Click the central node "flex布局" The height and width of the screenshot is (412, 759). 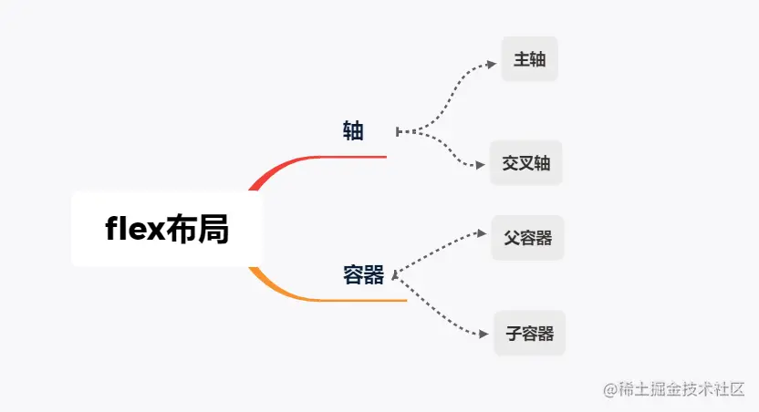coord(167,229)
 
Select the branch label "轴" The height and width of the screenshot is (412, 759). coord(353,131)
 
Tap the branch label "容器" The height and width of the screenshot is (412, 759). coord(363,274)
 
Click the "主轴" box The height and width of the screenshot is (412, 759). coord(529,60)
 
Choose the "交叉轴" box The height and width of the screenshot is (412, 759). coord(526,163)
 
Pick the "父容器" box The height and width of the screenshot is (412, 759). coord(528,238)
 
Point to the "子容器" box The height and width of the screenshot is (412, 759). coord(530,333)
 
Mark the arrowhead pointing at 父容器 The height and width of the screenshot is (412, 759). coord(483,233)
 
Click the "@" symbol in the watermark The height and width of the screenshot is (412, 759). coord(611,388)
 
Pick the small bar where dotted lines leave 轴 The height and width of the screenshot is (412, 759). coord(398,131)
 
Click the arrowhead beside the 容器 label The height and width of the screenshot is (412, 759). coord(393,273)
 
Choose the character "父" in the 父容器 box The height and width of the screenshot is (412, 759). coord(511,238)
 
